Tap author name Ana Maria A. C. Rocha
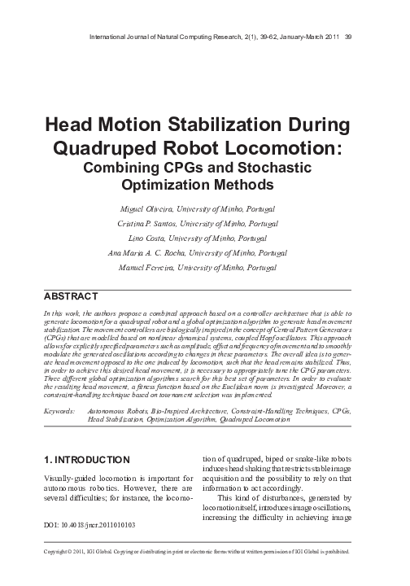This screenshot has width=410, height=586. (x=148, y=253)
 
